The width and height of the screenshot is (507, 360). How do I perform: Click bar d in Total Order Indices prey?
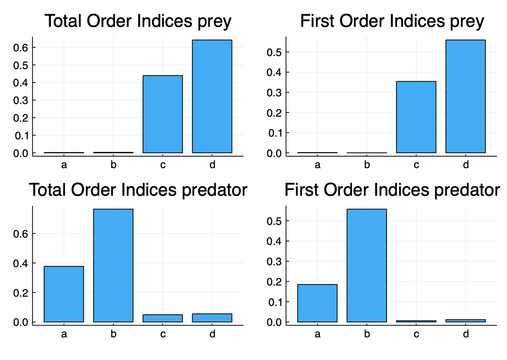coord(212,96)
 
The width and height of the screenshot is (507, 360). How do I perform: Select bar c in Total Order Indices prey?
coord(163,114)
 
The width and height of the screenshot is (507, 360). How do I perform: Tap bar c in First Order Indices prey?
coord(416,117)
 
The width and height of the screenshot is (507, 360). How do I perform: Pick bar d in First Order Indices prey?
coord(466,96)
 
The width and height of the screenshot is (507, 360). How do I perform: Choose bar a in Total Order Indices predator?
coord(64,294)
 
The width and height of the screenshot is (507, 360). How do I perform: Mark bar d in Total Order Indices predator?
coord(212,318)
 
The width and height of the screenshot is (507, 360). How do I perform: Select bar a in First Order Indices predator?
coord(317,303)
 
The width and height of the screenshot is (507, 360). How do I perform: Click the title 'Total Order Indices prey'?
coord(138,21)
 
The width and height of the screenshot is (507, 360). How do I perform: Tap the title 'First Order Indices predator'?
coord(392,190)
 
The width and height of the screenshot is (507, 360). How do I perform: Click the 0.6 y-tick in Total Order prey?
coord(21,48)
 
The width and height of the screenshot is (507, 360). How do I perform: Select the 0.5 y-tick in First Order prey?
coord(274,52)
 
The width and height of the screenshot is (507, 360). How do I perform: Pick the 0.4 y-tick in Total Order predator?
coord(21,263)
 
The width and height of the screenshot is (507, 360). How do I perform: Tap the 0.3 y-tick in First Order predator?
coord(274,262)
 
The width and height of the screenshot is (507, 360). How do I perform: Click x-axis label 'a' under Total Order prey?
coord(64,165)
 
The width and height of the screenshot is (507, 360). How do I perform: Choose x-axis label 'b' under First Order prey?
coord(367,165)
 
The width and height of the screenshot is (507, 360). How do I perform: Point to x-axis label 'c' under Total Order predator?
coord(163,334)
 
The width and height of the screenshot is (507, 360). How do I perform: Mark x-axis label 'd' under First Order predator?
coord(466,334)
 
